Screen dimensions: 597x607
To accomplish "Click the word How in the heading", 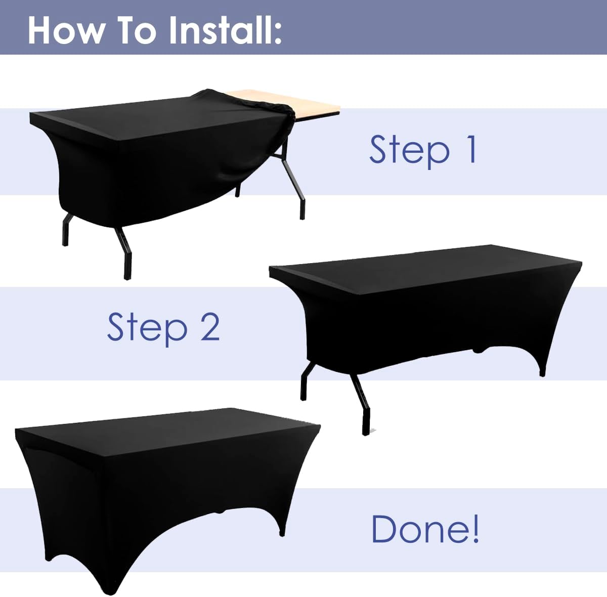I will click(66, 30).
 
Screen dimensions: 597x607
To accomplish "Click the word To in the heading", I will click(137, 30).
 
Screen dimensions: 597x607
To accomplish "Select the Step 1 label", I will click(422, 150).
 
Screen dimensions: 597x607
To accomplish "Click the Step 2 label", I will click(163, 327).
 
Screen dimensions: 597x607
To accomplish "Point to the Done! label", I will click(425, 529).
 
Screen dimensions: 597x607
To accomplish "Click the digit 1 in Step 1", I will click(470, 149).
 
